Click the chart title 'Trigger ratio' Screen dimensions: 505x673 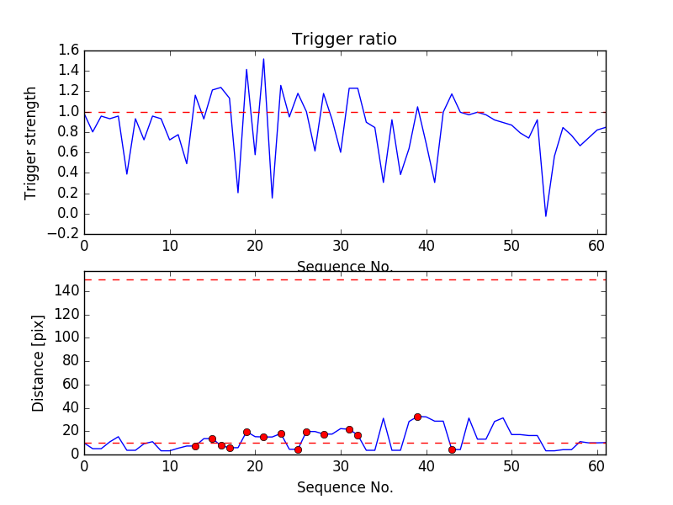pos(344,40)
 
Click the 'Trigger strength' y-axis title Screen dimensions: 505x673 pos(31,142)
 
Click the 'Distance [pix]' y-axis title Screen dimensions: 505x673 pos(38,363)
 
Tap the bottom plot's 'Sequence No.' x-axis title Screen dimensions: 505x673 pos(344,487)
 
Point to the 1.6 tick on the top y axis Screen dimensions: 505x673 pos(68,50)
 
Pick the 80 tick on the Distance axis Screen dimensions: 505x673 pos(68,361)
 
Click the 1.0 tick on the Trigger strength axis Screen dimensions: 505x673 pos(68,112)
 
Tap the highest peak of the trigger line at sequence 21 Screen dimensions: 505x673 pos(263,59)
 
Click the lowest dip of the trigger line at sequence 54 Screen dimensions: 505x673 pos(546,216)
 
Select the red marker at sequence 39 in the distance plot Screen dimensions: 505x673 pos(417,417)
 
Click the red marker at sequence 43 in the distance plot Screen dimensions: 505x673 pos(452,449)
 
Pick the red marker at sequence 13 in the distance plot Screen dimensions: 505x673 pos(195,446)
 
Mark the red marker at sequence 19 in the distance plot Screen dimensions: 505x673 pos(246,432)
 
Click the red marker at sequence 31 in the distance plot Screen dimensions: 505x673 pos(349,429)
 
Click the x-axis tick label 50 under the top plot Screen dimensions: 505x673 pos(511,247)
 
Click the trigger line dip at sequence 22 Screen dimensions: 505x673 pos(272,198)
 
